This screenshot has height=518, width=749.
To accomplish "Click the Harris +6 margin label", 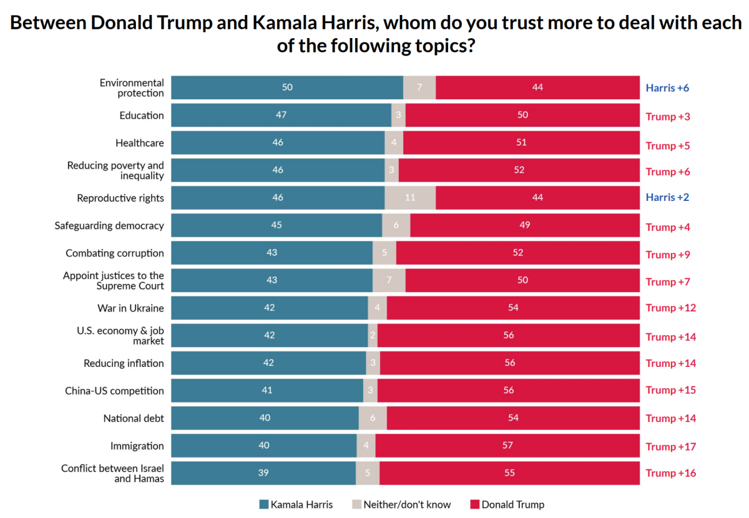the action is [667, 87].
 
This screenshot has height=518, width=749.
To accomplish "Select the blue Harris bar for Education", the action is [281, 115].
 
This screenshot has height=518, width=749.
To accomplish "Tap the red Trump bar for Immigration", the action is [507, 446].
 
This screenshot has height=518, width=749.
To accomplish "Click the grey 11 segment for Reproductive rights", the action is [410, 198].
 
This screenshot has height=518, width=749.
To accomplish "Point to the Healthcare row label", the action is [140, 143].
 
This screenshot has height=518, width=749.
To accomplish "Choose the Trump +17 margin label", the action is [670, 446].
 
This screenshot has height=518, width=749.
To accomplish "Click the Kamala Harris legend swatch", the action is [264, 504].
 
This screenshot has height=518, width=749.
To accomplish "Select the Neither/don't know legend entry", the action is [401, 504].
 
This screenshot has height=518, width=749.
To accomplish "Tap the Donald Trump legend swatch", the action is [475, 504].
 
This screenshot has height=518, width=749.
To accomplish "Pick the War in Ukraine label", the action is [130, 308].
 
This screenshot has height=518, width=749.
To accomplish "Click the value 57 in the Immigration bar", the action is [507, 446].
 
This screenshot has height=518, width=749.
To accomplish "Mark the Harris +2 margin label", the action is [667, 197].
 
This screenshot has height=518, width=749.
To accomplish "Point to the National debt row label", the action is [134, 418].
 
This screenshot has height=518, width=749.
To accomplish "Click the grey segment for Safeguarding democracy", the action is [396, 225].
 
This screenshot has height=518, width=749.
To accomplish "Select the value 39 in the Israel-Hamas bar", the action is [263, 473].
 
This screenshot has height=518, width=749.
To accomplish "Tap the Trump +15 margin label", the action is [670, 390].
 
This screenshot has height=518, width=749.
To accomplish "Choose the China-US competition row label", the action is [114, 391].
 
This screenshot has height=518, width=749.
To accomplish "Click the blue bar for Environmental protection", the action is [287, 87].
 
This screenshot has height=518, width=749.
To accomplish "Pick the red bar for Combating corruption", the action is [518, 253].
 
